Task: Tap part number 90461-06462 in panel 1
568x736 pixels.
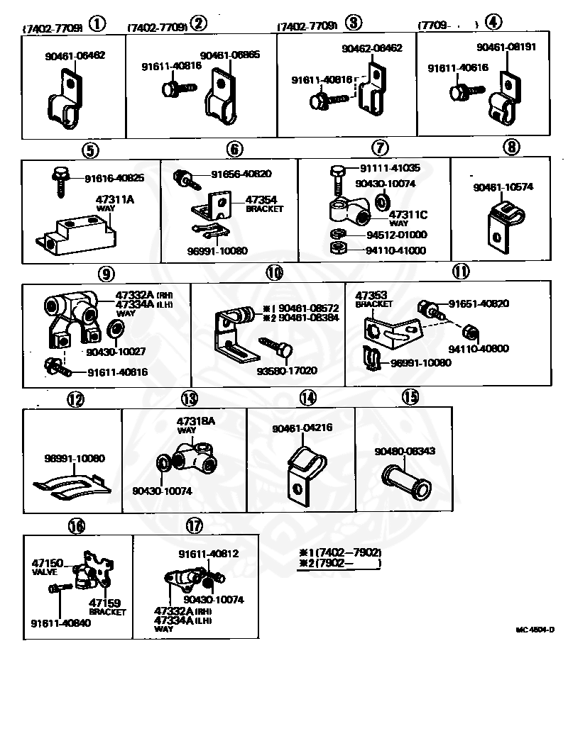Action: (75, 55)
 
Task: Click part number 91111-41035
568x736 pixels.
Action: (390, 169)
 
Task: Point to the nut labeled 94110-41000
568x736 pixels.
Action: (339, 249)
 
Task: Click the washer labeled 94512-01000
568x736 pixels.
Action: (338, 235)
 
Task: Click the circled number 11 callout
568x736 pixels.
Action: (461, 270)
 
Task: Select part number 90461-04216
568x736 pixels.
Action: (302, 428)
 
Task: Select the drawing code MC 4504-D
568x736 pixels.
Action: (535, 629)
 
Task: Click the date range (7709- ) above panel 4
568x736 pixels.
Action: (447, 25)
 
